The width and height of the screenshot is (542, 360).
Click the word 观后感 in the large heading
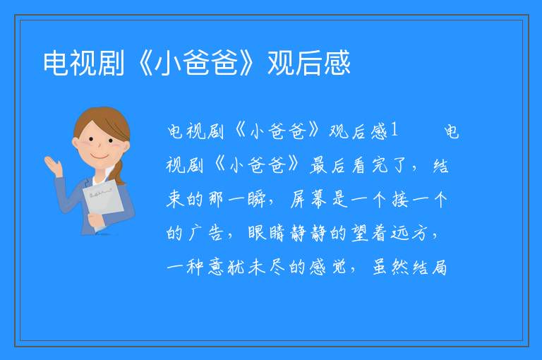(309, 63)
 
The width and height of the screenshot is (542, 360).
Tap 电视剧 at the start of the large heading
(84, 63)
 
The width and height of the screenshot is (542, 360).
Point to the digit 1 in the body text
(394, 131)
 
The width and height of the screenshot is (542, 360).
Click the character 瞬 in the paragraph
(256, 199)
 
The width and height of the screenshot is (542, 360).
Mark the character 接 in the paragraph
(400, 199)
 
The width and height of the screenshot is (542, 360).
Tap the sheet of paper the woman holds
(103, 203)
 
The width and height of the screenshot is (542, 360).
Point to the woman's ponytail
(119, 172)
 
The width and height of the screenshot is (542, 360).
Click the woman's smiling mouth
(100, 157)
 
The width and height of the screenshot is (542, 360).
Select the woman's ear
(76, 143)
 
